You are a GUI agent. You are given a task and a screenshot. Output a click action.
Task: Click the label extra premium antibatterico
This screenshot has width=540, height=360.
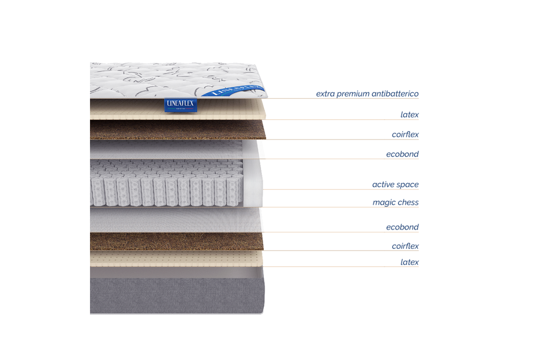[367, 94]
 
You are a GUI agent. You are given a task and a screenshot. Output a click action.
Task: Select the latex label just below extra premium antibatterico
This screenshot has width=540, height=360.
[409, 114]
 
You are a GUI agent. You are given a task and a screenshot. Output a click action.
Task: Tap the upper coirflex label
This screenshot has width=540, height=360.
[405, 134]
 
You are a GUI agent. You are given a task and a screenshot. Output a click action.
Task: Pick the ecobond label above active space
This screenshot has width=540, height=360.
[402, 154]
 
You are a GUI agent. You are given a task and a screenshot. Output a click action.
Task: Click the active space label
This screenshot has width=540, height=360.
[395, 184]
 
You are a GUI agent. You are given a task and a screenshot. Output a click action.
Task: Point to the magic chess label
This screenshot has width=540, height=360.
[395, 202]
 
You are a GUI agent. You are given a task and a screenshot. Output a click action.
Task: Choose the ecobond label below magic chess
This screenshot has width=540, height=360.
[402, 227]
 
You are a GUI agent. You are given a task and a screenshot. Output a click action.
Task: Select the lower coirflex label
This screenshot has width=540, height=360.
[405, 246]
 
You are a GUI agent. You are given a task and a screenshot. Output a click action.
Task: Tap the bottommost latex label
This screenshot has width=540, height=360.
[409, 261]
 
